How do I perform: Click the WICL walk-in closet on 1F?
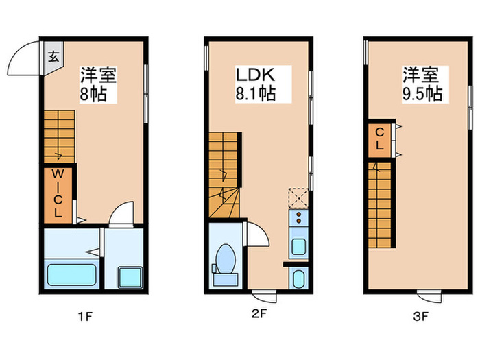tap(58, 194)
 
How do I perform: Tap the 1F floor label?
tap(85, 317)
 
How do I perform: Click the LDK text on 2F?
tap(255, 74)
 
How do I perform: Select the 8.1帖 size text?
tap(256, 93)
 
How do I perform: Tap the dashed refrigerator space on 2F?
tap(298, 198)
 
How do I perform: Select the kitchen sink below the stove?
tap(298, 245)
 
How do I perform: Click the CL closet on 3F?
tap(378, 140)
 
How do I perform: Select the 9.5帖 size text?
tap(421, 93)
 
